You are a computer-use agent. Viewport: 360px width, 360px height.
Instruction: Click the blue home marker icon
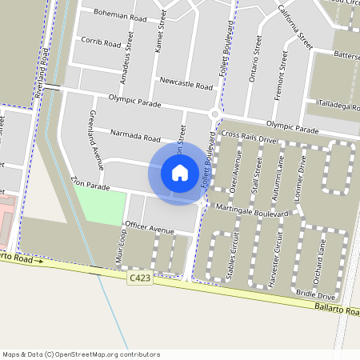tap(180, 173)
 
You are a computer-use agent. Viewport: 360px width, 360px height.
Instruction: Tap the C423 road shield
tap(139, 277)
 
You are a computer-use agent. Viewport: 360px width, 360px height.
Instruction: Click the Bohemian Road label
tap(120, 16)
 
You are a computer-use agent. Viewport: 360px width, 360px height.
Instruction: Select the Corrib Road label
tap(100, 43)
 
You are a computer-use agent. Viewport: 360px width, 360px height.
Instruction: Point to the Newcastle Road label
tap(186, 84)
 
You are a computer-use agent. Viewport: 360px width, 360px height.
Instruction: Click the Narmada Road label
tap(136, 134)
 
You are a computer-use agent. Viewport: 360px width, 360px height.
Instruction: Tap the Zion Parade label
tap(90, 186)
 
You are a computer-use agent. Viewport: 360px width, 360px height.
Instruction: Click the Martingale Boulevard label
tap(251, 210)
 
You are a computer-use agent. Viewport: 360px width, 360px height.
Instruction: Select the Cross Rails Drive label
tap(249, 138)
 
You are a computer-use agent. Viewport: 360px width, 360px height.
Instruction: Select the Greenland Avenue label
tap(96, 140)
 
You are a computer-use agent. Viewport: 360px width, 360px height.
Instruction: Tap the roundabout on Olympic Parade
tap(214, 114)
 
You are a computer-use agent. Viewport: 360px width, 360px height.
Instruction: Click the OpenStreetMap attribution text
tap(81, 354)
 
